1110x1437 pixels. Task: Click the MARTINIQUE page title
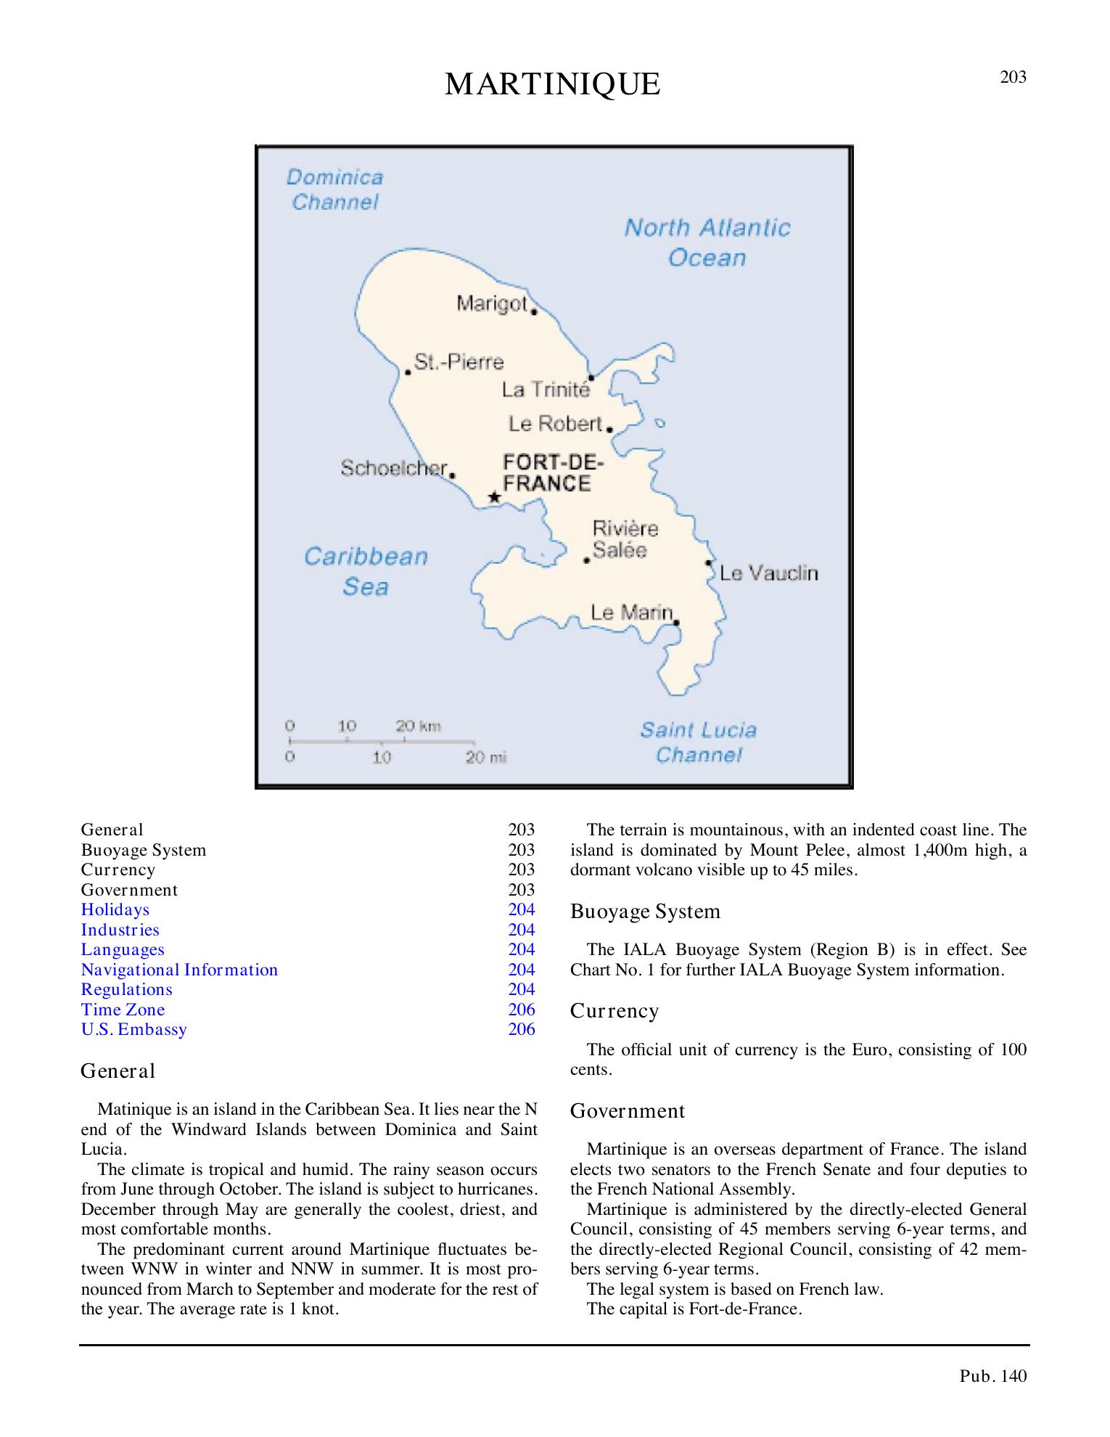pyautogui.click(x=553, y=85)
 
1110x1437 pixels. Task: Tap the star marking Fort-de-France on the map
pyautogui.click(x=494, y=497)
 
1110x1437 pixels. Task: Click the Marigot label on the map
pyautogui.click(x=492, y=303)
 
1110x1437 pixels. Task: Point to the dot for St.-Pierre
pyautogui.click(x=408, y=372)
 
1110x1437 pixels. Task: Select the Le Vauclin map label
pyautogui.click(x=768, y=573)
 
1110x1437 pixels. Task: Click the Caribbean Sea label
pyautogui.click(x=366, y=571)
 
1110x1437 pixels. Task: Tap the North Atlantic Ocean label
pyautogui.click(x=707, y=242)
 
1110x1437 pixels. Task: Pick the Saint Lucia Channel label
pyautogui.click(x=698, y=742)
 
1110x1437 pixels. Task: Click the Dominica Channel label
pyautogui.click(x=334, y=189)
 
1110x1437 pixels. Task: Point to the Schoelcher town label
pyautogui.click(x=393, y=469)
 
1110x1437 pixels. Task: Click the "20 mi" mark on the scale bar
pyautogui.click(x=485, y=758)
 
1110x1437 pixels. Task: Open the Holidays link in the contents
pyautogui.click(x=115, y=910)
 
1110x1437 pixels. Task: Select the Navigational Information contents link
pyautogui.click(x=179, y=970)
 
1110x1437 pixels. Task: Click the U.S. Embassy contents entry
pyautogui.click(x=134, y=1030)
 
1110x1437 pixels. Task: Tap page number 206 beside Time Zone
pyautogui.click(x=522, y=1010)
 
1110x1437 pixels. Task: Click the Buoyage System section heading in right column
pyautogui.click(x=646, y=912)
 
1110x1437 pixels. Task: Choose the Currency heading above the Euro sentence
pyautogui.click(x=614, y=1011)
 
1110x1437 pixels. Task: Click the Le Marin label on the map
pyautogui.click(x=631, y=613)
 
